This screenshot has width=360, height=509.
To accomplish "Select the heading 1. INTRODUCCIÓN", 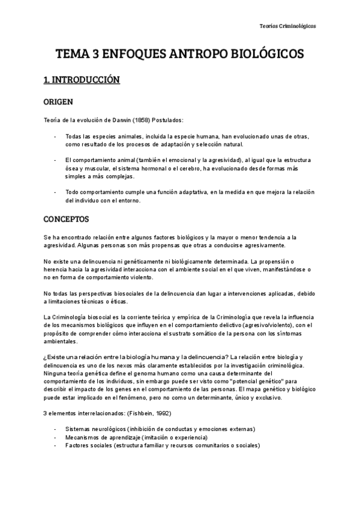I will click(x=82, y=79).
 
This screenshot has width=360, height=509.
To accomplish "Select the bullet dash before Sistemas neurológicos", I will click(x=55, y=429).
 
